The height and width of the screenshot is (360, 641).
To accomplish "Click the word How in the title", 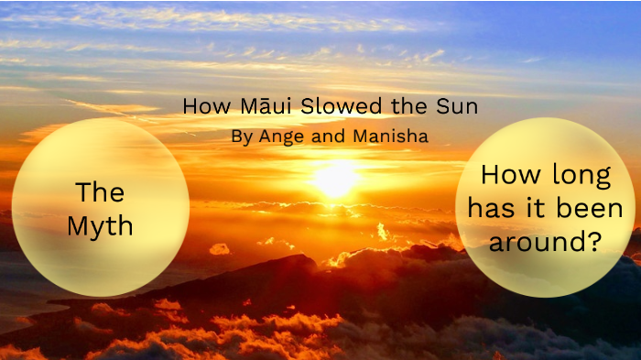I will click(200, 106).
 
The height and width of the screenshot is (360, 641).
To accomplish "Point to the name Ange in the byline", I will click(278, 136).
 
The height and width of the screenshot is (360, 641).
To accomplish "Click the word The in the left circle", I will click(100, 192).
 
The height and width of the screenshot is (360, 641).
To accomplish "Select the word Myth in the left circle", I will click(100, 225).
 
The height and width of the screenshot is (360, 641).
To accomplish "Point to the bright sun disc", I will click(334, 178).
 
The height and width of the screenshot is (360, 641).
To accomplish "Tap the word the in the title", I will click(403, 106).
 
